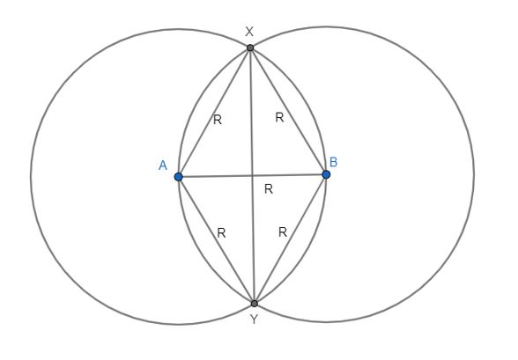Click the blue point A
pos(178,177)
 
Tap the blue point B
pos(326,174)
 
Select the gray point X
pos(250,48)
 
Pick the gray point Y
pos(254,304)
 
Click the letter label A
pos(163,165)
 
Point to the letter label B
pos(333,162)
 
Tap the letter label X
pos(249,32)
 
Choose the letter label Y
pos(254,320)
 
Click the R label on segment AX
pos(218,120)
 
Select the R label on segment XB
pos(279,117)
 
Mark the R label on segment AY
pos(221,233)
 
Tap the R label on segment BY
pos(283,232)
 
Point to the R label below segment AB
pos(269,189)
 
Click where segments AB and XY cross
pos(252,175)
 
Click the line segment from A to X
pos(214,113)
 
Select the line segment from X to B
pos(288,111)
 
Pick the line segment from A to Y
pos(216,240)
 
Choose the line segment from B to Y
pos(290,239)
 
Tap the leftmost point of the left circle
pos(31,177)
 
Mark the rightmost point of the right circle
pos(474,174)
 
